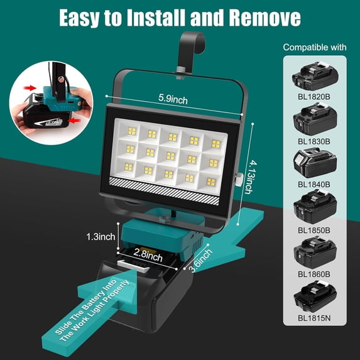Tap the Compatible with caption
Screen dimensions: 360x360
[x=315, y=48]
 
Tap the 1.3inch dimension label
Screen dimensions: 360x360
[x=101, y=237]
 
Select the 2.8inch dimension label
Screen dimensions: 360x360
[x=149, y=256]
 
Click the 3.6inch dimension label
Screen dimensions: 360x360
[x=200, y=259]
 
